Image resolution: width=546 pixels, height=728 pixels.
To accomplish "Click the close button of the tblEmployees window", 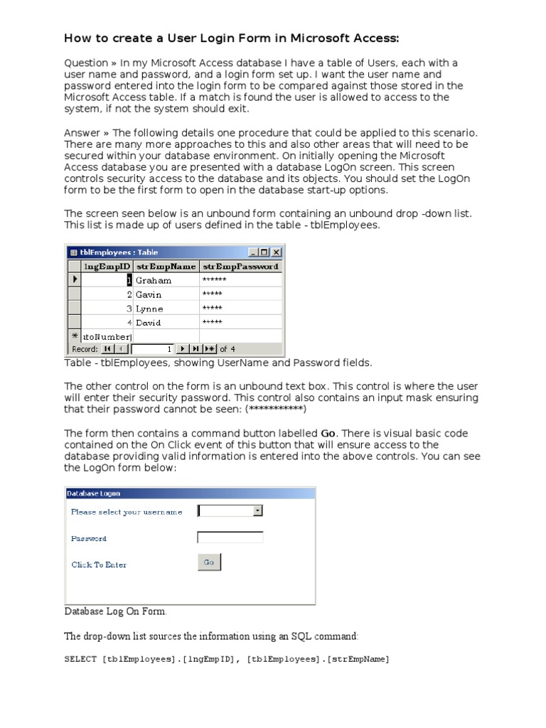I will pos(277,252).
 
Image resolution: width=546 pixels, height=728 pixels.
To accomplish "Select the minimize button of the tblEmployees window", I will pos(254,252).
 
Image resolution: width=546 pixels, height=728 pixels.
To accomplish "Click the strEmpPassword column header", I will pos(240,266).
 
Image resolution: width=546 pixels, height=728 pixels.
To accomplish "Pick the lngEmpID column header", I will pos(107,266).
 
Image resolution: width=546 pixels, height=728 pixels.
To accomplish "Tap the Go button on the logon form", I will pos(209,562).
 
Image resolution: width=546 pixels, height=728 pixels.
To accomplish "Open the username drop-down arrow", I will pos(257,510).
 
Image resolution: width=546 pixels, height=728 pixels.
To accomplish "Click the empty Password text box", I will pos(230,537).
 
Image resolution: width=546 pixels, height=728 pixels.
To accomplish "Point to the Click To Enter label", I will pos(99,564).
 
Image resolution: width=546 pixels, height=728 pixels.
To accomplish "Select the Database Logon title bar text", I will pos(93,493).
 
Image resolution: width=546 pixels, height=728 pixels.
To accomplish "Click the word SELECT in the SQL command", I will pos(80,660).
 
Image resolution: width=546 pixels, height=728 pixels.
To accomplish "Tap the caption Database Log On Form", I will pos(117,611).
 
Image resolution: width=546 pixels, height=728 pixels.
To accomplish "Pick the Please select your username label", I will pos(127,512).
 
